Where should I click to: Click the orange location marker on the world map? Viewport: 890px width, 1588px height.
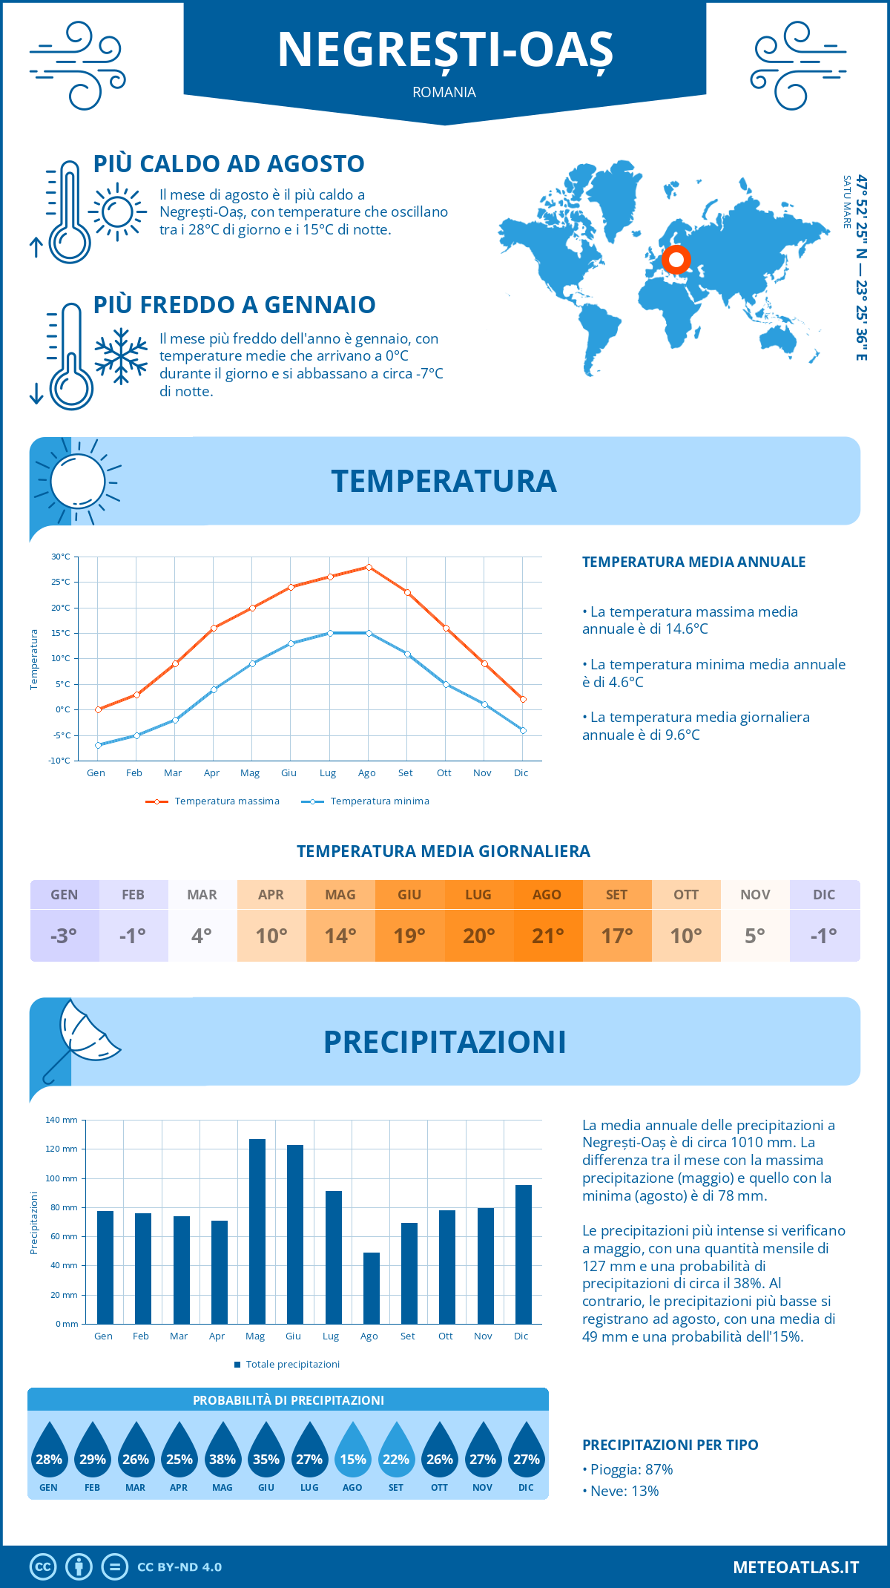676,260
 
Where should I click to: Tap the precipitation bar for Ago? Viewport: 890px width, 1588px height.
372,1288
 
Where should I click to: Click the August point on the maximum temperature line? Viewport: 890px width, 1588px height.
369,567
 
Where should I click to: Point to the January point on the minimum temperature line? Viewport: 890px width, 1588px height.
98,745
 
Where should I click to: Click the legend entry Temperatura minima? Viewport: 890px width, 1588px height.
366,801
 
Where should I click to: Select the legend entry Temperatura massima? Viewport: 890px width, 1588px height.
213,801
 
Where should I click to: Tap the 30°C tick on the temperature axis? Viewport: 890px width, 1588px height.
61,557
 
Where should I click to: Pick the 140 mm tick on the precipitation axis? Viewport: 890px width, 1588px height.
62,1120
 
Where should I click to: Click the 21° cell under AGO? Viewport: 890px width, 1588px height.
547,936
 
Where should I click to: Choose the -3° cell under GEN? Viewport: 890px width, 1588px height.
64,936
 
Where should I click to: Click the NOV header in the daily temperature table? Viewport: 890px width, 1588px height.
755,895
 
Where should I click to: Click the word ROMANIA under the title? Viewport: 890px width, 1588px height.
444,93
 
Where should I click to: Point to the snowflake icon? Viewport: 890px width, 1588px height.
121,356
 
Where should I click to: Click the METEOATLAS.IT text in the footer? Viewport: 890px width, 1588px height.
796,1567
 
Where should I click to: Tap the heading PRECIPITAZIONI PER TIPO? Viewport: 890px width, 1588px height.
670,1445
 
